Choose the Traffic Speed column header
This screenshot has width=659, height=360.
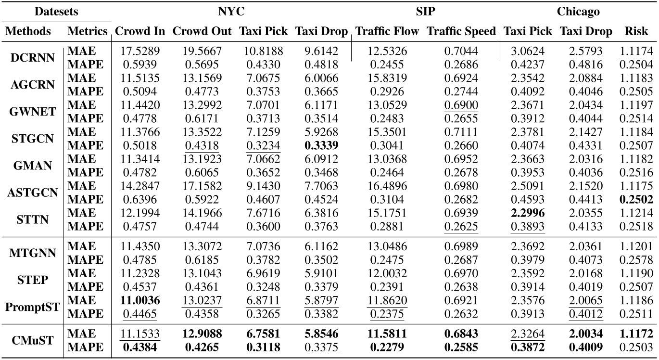point(461,32)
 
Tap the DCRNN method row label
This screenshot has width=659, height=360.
point(31,57)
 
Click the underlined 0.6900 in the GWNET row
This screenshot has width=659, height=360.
point(461,105)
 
